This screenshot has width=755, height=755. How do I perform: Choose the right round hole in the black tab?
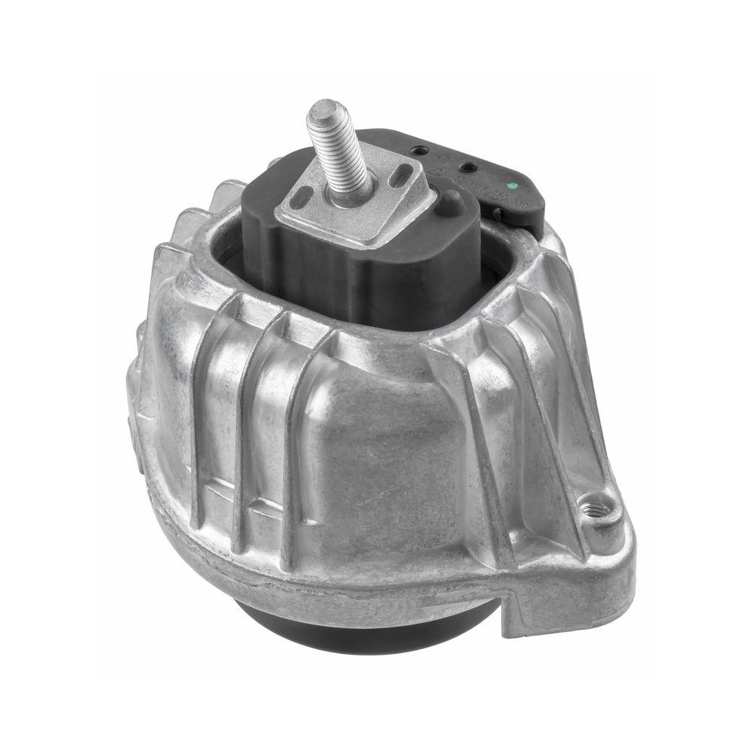[469, 166]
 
